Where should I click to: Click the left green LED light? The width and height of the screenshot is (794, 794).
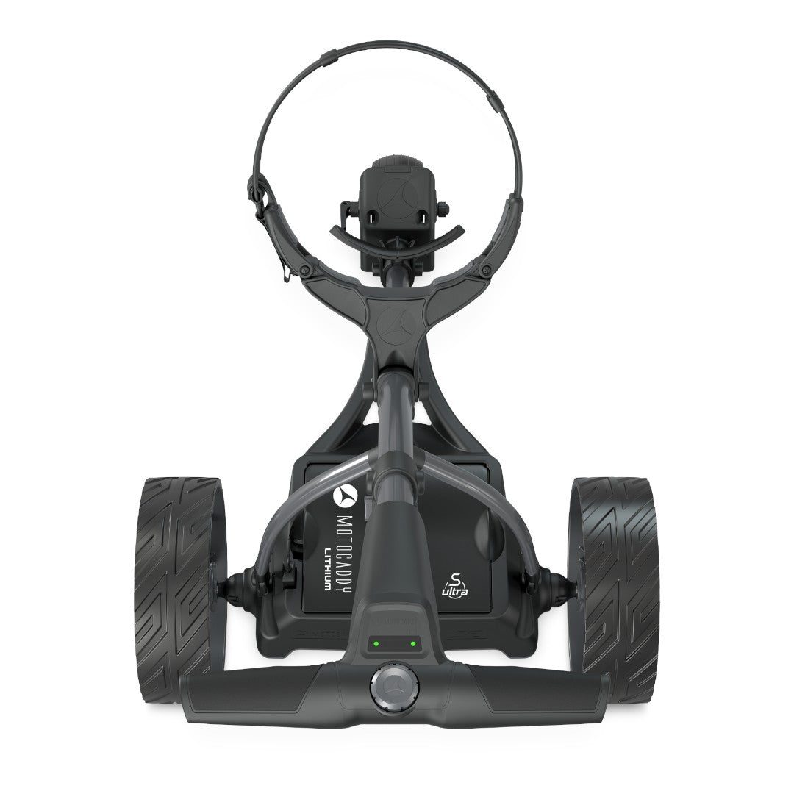click(375, 643)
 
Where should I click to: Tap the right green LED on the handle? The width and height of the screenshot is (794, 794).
click(412, 643)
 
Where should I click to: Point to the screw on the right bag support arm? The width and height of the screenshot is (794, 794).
click(484, 271)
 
